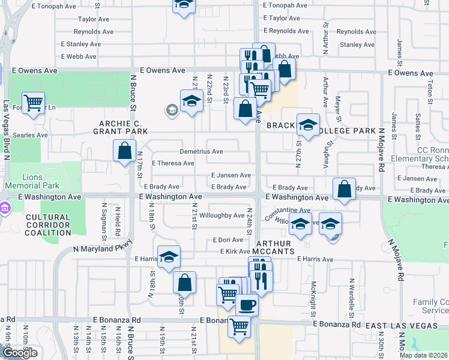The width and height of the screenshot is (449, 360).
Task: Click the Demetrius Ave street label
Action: click(x=201, y=152)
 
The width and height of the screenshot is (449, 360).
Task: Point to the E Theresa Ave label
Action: click(x=173, y=163)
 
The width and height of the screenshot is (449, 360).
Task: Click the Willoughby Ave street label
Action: click(x=221, y=215)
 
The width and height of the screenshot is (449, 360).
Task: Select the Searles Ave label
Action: click(x=26, y=135)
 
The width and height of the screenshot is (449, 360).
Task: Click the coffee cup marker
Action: click(x=247, y=304)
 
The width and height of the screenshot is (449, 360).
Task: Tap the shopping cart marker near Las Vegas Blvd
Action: click(x=34, y=103)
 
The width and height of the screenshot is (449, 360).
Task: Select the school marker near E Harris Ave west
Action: click(x=169, y=256)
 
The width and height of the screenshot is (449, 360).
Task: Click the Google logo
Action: click(x=20, y=353)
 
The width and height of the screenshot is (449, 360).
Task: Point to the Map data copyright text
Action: click(x=424, y=355)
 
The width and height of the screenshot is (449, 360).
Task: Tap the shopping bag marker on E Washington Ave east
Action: click(x=345, y=189)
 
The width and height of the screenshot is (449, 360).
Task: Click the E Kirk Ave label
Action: click(x=235, y=251)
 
